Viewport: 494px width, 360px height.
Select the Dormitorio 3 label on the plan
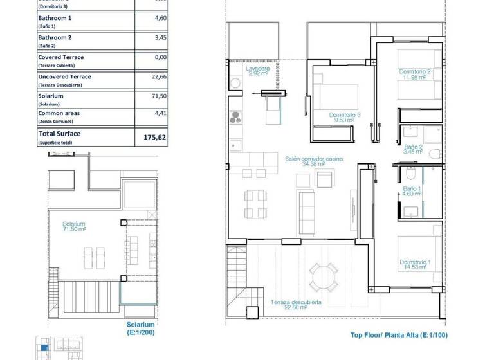pyautogui.click(x=344, y=117)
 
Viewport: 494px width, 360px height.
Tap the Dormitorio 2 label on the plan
pyautogui.click(x=414, y=75)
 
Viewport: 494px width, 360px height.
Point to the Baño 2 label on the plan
pyautogui.click(x=412, y=149)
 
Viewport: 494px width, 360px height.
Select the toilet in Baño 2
pyautogui.click(x=435, y=153)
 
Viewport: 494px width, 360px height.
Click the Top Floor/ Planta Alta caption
pyautogui.click(x=399, y=335)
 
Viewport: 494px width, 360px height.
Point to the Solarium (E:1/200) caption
pyautogui.click(x=140, y=328)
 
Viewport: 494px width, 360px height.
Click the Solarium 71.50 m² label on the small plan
pyautogui.click(x=74, y=226)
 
